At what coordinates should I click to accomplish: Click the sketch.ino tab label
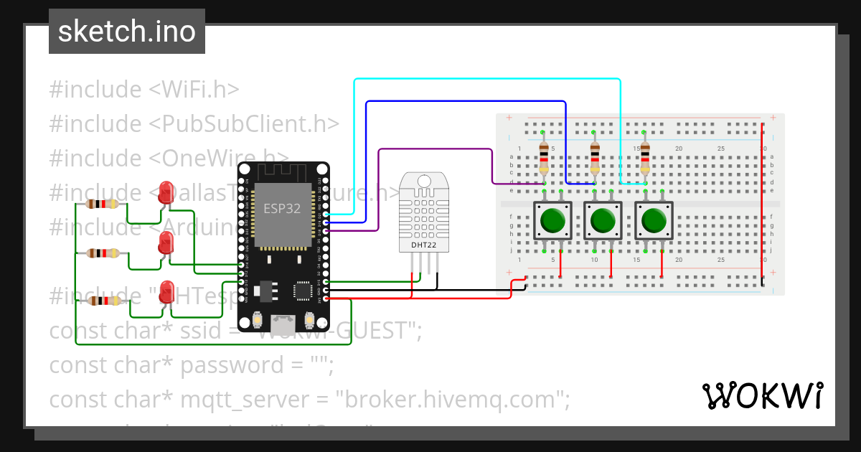tap(126, 32)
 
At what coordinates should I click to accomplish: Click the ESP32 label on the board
tap(282, 209)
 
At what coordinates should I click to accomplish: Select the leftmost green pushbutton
tap(552, 220)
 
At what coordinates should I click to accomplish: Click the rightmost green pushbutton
tap(653, 220)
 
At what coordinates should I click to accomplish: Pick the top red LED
tap(166, 192)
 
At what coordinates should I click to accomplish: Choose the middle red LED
tap(166, 244)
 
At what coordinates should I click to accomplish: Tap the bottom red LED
tap(166, 291)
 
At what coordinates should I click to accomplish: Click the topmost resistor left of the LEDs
tap(103, 204)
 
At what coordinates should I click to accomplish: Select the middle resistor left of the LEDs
tap(103, 253)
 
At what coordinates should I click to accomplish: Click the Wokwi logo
tap(761, 395)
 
